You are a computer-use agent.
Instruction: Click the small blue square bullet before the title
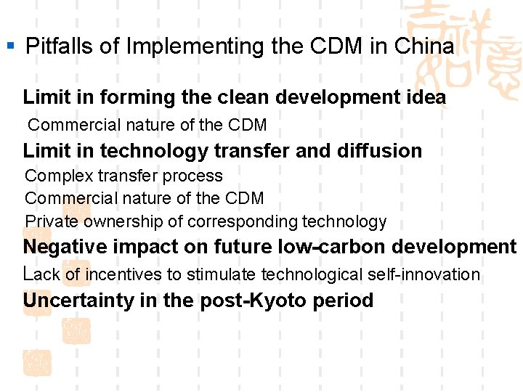coord(10,46)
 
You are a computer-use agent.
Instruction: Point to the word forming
coord(128,97)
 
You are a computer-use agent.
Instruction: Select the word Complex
coord(55,176)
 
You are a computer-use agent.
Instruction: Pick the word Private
coord(51,221)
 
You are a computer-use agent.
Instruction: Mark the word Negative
coord(62,247)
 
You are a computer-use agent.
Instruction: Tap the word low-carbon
coord(323,247)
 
